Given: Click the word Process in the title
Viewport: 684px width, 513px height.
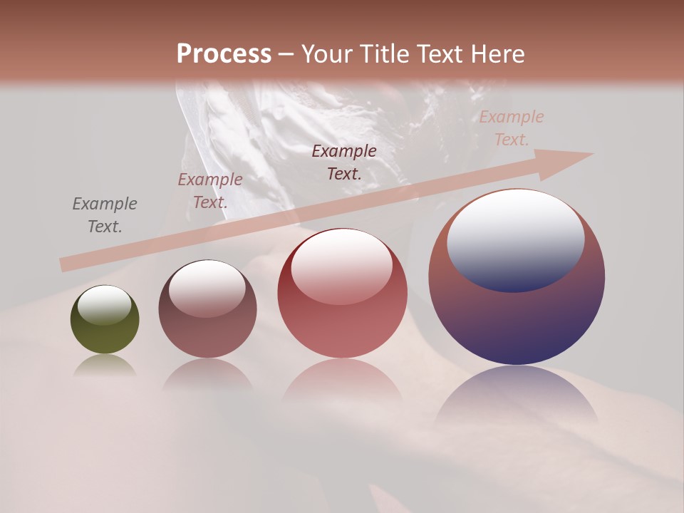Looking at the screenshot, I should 224,54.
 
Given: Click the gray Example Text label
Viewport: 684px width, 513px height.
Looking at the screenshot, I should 105,215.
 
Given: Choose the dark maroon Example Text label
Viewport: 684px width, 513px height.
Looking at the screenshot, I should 344,162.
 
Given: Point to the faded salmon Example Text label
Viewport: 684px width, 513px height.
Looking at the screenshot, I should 512,128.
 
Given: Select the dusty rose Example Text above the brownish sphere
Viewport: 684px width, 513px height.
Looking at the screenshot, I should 210,191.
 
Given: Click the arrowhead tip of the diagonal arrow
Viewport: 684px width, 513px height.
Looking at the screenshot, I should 589,155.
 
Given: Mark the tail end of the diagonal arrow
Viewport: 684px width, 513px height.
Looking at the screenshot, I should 64,265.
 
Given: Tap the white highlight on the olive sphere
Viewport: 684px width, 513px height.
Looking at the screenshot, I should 105,305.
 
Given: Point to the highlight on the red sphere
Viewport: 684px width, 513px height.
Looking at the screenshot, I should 342,266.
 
